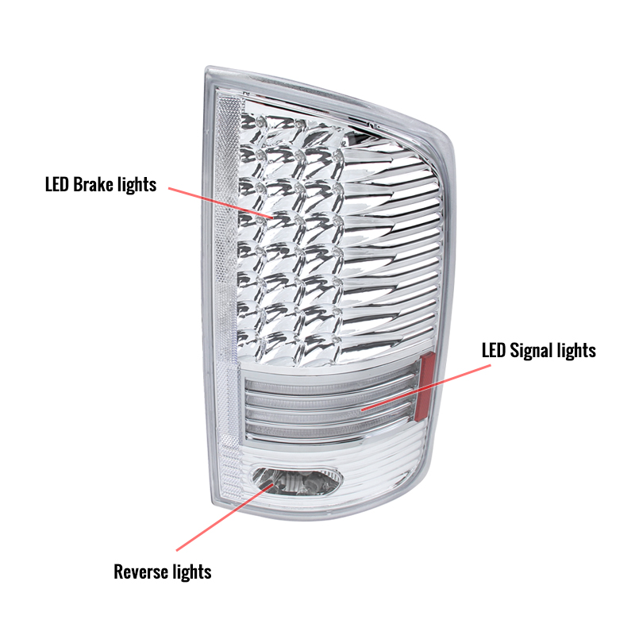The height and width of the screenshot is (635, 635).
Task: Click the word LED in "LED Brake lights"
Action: [x=57, y=185]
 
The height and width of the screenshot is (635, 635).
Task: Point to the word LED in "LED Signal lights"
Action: [x=494, y=350]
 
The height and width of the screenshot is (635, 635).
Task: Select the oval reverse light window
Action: [x=297, y=481]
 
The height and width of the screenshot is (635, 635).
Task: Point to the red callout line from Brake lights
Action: [x=221, y=203]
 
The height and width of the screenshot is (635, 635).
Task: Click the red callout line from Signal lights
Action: [x=425, y=387]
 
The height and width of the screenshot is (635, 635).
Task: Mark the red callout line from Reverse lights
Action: [x=224, y=518]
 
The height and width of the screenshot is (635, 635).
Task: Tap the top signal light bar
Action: [x=330, y=386]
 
